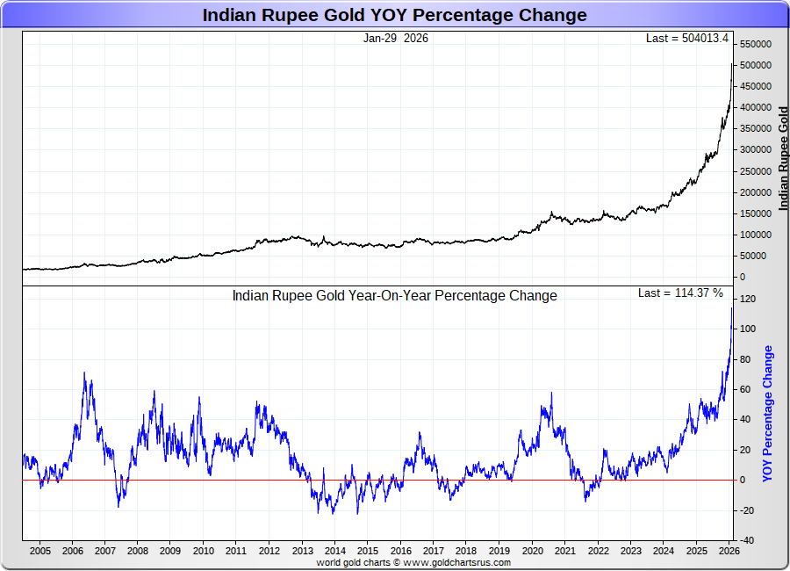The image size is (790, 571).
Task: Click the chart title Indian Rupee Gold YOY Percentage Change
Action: (x=395, y=15)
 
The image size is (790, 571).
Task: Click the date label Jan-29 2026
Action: (x=396, y=39)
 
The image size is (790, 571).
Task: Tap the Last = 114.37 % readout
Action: (x=680, y=293)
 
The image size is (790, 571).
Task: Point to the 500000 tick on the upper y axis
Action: (x=755, y=66)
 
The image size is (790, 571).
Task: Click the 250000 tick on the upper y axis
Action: (x=755, y=171)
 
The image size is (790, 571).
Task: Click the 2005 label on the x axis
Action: (x=39, y=551)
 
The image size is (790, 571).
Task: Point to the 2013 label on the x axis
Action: (x=302, y=551)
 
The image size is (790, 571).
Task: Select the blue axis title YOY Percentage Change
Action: (x=768, y=413)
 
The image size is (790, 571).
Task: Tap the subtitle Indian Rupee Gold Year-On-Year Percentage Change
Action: (x=394, y=296)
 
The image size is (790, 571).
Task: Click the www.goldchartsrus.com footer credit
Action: (x=451, y=562)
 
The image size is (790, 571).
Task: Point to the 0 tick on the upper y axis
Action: (x=743, y=277)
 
